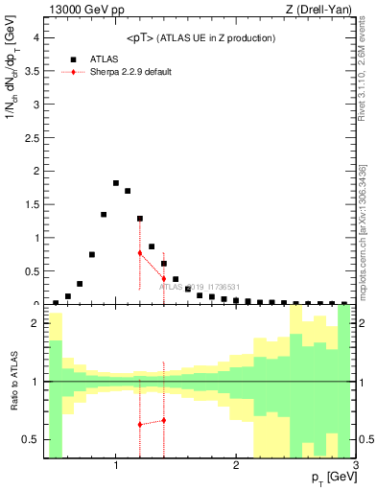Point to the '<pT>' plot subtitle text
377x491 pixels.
pos(200,37)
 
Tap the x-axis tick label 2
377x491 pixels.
pos(236,465)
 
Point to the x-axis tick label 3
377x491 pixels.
pos(356,465)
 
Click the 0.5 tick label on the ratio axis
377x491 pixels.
pos(31,439)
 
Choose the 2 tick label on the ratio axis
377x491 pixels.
pos(35,324)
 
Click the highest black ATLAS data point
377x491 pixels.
pos(116,183)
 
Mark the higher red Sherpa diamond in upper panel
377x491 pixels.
pos(140,252)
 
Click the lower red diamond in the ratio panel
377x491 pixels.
pos(140,424)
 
